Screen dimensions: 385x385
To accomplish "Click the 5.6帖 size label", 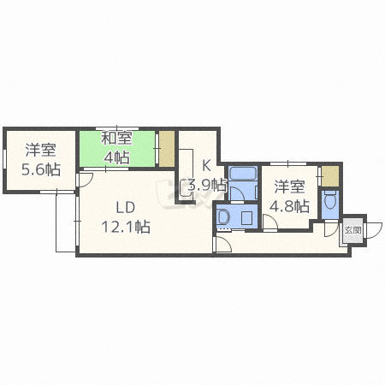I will [42, 169].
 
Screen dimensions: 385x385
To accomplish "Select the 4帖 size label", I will [117, 158].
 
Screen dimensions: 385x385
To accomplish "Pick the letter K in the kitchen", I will [206, 166].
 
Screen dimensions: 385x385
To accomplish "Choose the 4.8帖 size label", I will [289, 204].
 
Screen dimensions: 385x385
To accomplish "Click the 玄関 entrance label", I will [352, 229].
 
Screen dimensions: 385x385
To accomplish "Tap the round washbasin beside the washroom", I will [223, 217].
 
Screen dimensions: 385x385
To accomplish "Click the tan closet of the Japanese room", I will [167, 148].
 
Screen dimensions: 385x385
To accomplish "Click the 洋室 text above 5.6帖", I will [40, 150].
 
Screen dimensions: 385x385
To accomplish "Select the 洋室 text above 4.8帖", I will [289, 186].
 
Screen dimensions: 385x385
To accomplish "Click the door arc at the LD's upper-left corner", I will [86, 180].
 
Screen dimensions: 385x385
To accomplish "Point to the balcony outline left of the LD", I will [66, 222].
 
